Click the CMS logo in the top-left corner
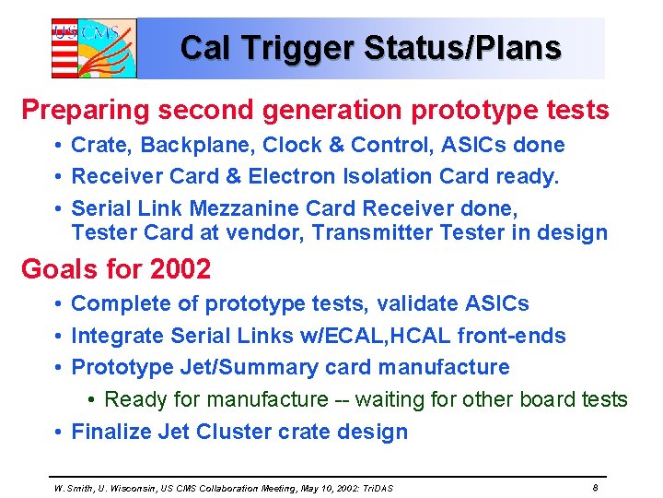click(93, 48)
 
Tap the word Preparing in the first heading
click(84, 111)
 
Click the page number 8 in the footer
click(596, 487)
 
